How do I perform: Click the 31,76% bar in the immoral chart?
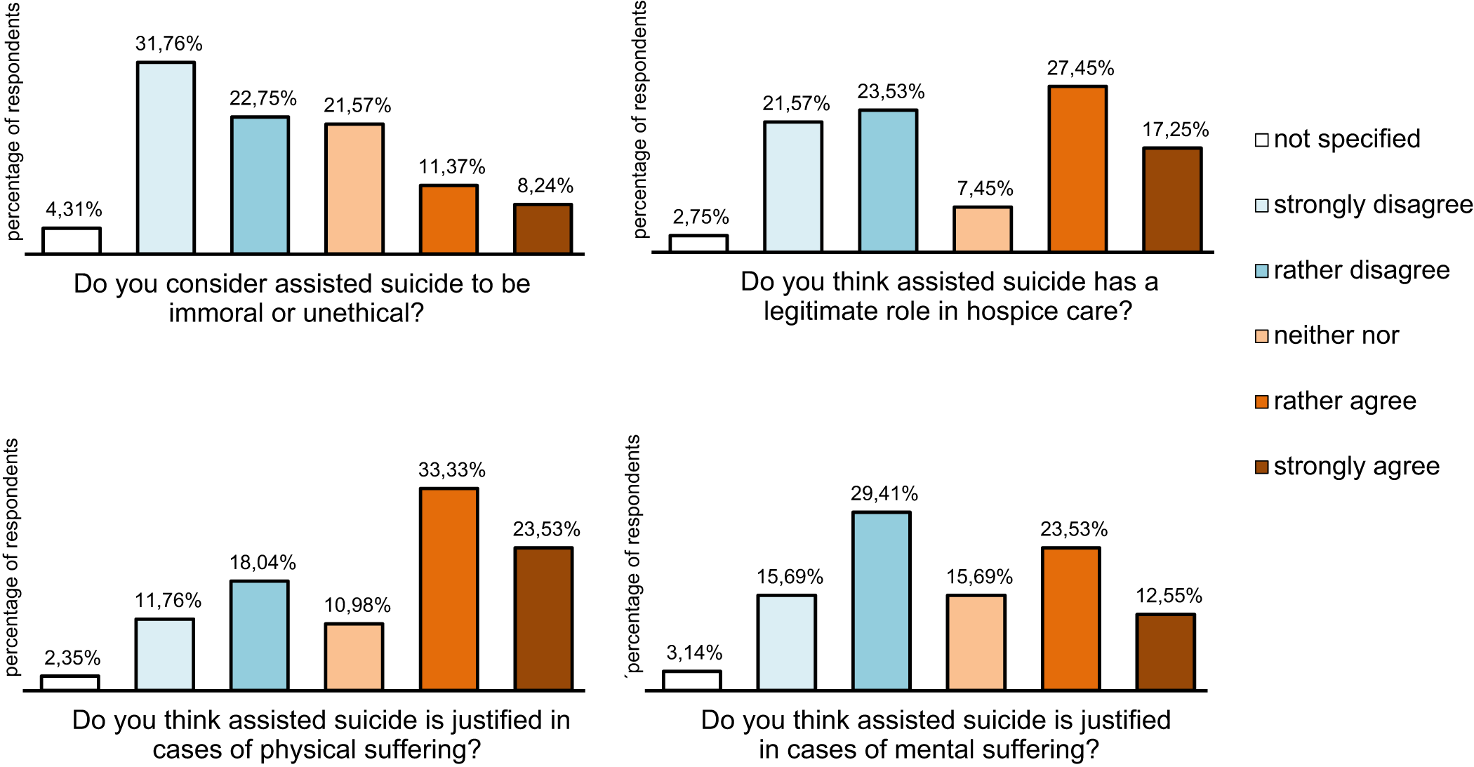tap(166, 158)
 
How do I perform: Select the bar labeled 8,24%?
tap(543, 229)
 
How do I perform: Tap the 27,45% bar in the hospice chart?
tap(1078, 168)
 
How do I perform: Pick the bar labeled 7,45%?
tap(983, 229)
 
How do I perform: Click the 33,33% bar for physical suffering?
tap(449, 589)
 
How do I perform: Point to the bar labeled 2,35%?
tap(70, 683)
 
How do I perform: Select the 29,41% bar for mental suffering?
tap(882, 601)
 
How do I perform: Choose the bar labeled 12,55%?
tap(1166, 652)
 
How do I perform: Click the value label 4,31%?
tap(74, 209)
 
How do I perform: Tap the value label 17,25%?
tap(1176, 129)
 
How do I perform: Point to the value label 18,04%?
tap(263, 562)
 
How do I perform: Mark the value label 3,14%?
tap(694, 653)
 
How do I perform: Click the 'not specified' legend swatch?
tap(1261, 140)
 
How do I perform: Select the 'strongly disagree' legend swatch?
tap(1261, 206)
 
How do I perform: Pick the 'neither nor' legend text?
tap(1336, 335)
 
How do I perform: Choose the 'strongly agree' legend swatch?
tap(1261, 467)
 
